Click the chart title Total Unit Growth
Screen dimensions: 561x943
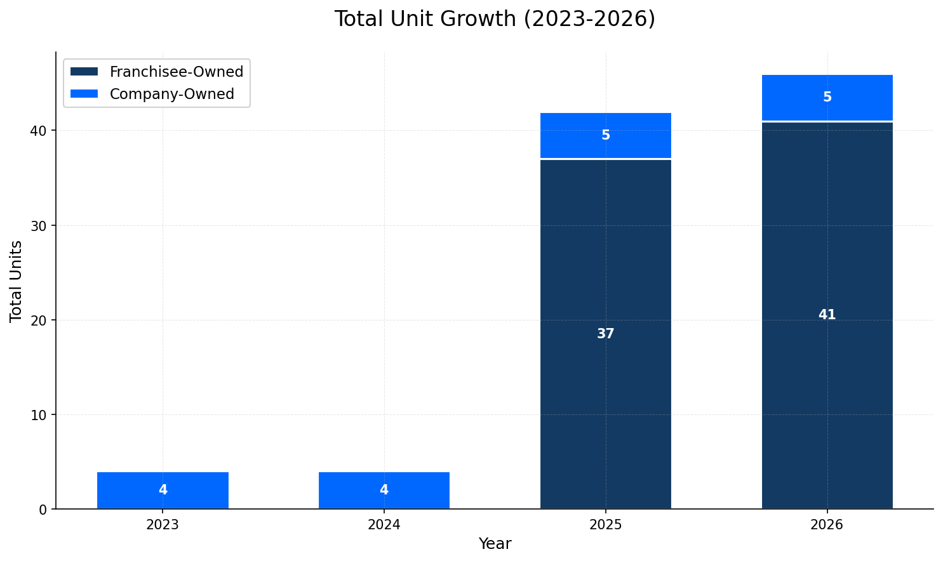coord(494,19)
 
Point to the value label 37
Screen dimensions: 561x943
coord(605,334)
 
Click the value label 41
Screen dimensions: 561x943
coord(827,315)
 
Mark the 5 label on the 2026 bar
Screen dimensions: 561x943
coord(827,97)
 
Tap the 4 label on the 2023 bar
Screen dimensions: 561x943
coord(163,490)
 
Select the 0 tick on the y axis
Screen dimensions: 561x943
coord(43,510)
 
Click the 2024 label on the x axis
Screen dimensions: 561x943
coord(384,525)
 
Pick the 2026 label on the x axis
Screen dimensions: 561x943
coord(827,525)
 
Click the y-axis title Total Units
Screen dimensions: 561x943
coord(16,281)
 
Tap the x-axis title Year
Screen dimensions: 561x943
coord(495,544)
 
